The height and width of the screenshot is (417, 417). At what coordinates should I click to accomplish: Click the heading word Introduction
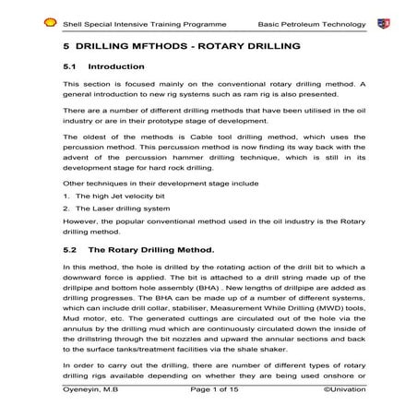116,67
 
